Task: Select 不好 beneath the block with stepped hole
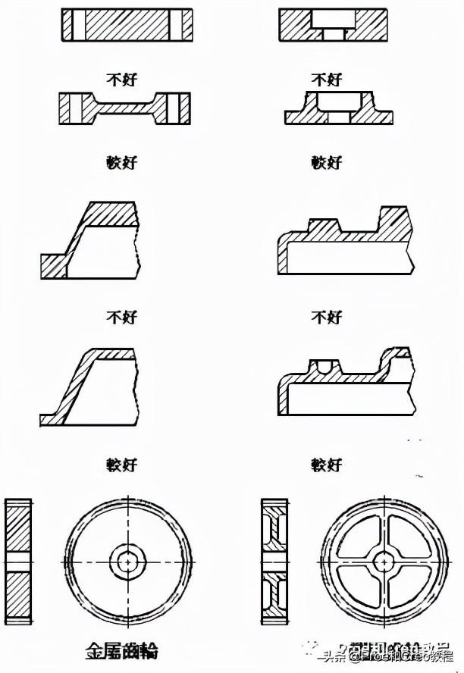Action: point(327,78)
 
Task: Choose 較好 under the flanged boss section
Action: point(327,162)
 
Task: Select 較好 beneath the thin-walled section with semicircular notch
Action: point(327,464)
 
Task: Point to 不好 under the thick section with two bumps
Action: point(327,317)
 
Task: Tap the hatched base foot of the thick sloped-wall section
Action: point(54,267)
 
